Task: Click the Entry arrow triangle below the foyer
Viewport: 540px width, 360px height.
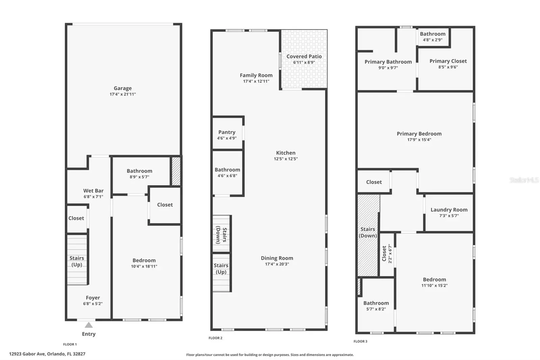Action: (x=89, y=325)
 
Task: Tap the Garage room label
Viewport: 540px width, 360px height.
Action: (x=123, y=88)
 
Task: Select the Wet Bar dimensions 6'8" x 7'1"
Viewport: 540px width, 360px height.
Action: (x=93, y=197)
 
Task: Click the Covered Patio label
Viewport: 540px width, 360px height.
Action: (x=304, y=56)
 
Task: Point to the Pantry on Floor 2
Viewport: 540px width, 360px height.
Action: (x=227, y=132)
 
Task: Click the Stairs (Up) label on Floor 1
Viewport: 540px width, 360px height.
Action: (x=77, y=261)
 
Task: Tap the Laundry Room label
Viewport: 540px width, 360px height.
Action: (x=449, y=210)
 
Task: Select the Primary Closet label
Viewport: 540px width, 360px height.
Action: (x=448, y=61)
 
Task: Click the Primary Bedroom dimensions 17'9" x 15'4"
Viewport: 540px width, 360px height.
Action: (x=419, y=140)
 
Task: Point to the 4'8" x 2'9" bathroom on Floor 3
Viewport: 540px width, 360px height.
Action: (x=432, y=37)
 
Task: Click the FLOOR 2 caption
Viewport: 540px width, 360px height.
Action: (x=216, y=338)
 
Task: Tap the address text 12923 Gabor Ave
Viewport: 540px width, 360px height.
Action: (x=27, y=354)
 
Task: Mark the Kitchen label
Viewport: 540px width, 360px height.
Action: (x=286, y=153)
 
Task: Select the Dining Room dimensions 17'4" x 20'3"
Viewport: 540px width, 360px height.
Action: (x=277, y=264)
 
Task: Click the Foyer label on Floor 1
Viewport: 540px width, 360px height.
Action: (x=93, y=298)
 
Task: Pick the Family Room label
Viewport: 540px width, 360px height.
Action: (x=256, y=75)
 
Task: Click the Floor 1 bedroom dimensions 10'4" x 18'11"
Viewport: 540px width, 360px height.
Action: (x=144, y=266)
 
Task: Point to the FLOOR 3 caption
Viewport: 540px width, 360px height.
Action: (x=360, y=341)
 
